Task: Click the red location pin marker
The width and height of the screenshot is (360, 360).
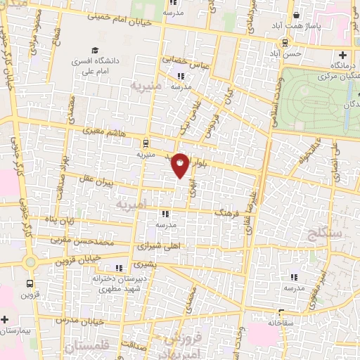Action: tap(180, 165)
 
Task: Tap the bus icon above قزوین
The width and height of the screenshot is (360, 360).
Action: tap(29, 284)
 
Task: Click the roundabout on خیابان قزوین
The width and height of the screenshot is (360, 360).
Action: tap(30, 262)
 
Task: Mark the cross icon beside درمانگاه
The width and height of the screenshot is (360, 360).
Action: tap(343, 56)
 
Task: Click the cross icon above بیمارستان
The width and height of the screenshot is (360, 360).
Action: tap(5, 319)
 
